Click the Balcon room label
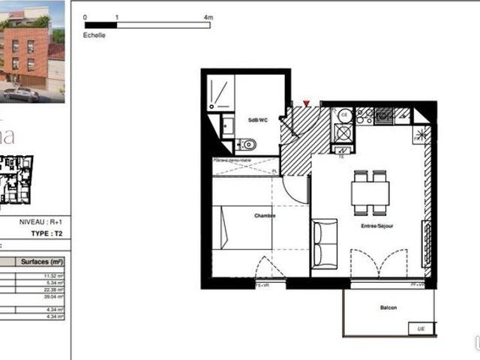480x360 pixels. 388,308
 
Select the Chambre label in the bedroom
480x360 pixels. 264,216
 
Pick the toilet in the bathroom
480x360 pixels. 248,144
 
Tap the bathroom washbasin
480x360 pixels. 226,125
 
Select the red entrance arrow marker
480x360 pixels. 305,103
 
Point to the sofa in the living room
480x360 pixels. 324,241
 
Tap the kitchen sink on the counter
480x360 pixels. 385,115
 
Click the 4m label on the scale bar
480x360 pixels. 208,16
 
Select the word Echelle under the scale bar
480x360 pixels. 95,34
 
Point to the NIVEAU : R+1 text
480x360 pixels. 42,223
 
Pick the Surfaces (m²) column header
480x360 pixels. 46,262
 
